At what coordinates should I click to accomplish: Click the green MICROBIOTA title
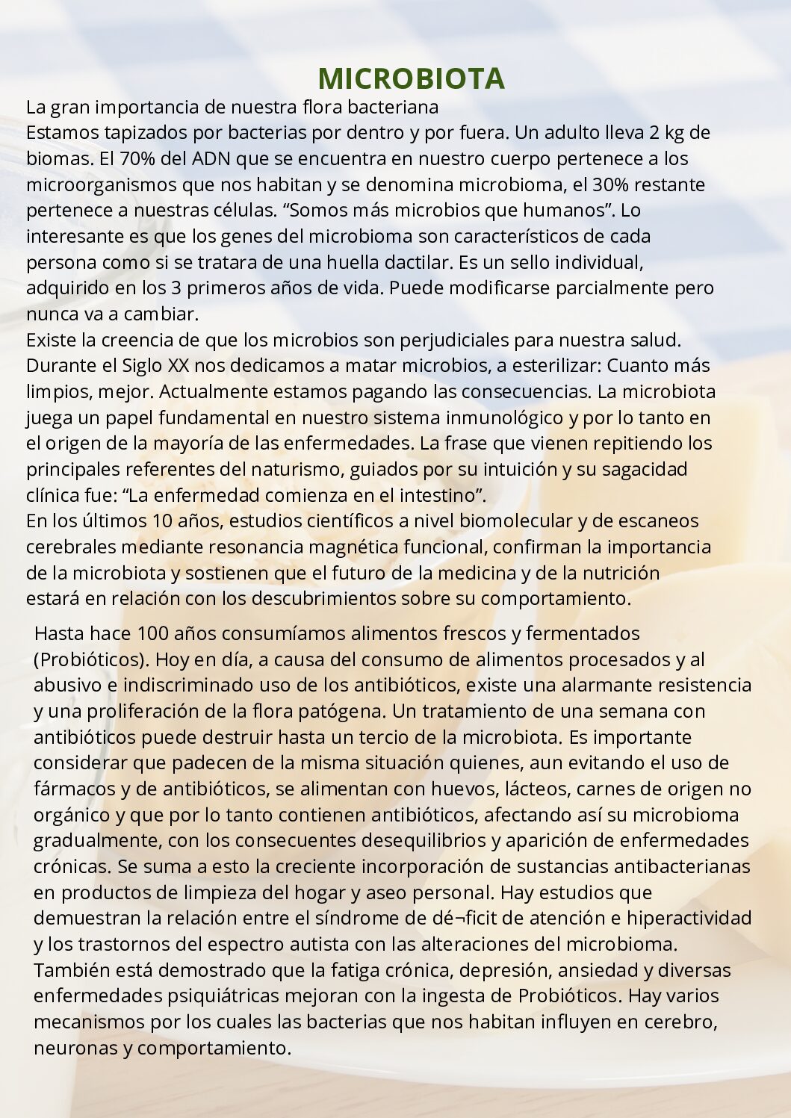click(412, 78)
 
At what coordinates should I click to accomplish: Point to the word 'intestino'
click(438, 495)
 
